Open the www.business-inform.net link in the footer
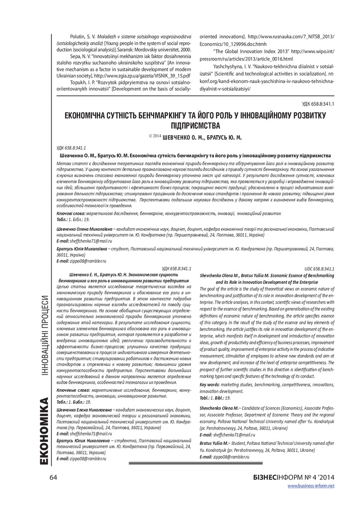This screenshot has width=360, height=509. [311, 486]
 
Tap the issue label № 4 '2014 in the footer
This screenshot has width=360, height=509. [317, 478]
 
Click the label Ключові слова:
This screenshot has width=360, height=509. [72, 212]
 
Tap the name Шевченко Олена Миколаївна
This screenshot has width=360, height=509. [81, 228]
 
